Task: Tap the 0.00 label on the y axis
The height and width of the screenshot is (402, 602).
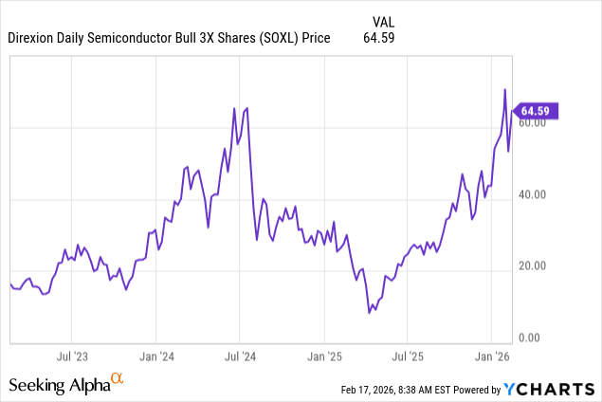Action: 532,338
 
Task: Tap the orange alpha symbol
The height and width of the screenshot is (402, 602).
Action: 118,379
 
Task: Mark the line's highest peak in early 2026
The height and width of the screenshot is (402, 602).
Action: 504,90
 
